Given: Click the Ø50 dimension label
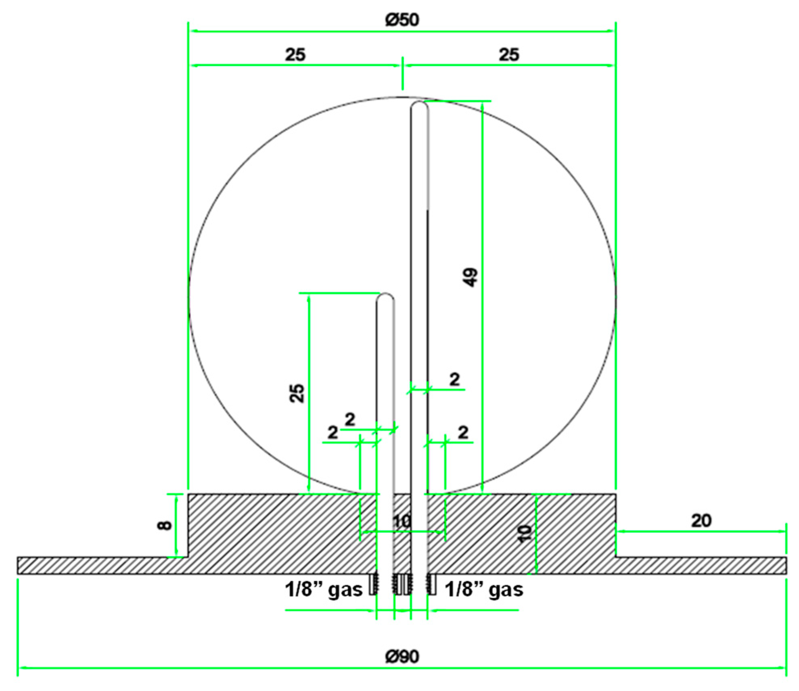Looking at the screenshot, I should (402, 19).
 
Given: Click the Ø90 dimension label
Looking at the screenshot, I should (402, 656).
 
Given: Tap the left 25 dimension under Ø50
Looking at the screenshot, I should (295, 54).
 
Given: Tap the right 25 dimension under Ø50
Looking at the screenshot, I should (509, 54).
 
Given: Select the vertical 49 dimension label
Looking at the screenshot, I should (471, 277).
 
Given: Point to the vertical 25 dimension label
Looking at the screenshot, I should (297, 393).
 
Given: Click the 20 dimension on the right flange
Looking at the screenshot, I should (701, 521).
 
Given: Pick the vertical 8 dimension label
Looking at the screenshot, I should (165, 525).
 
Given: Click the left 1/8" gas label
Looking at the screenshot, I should (323, 590).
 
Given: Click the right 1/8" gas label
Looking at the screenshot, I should (484, 590).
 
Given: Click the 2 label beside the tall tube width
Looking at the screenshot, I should (454, 380).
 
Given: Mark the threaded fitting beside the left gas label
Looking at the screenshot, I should (374, 584).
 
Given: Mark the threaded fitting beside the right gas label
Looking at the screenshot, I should (431, 584).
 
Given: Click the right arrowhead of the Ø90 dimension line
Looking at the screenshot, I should (783, 668).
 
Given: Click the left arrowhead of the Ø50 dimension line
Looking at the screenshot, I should (193, 31).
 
